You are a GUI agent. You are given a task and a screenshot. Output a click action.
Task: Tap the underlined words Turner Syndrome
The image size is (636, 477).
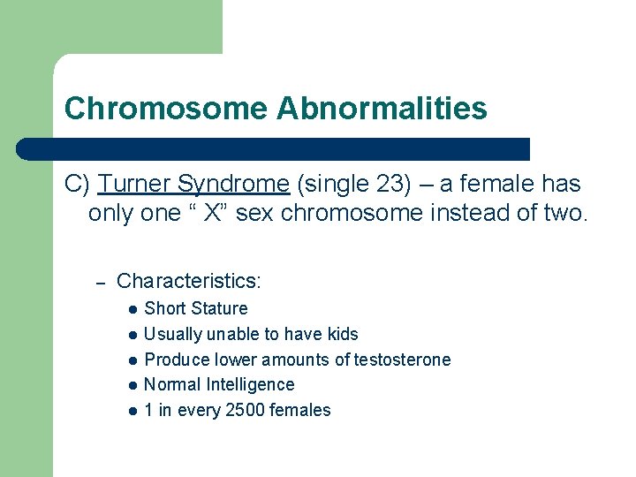[194, 185]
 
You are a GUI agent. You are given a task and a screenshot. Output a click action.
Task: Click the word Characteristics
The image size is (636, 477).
[188, 281]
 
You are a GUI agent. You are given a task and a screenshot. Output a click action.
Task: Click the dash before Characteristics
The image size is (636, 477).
[101, 282]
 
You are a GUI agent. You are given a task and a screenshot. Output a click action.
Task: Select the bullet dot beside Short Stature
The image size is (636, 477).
[131, 309]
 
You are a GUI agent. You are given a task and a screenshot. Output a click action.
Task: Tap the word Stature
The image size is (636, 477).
[220, 308]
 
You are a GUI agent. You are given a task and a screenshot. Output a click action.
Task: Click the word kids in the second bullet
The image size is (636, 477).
[341, 334]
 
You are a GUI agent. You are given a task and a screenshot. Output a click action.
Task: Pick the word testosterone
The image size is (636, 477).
[402, 360]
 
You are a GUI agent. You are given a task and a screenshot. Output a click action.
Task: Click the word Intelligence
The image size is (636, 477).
[250, 384]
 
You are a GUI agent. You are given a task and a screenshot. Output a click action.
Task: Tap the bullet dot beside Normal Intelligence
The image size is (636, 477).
[131, 385]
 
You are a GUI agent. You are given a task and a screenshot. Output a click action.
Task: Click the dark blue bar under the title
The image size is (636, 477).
[274, 148]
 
